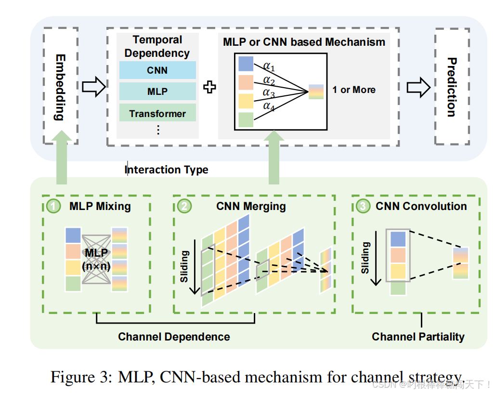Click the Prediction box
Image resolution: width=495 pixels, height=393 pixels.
coord(452,87)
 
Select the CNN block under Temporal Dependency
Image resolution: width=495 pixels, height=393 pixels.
coord(157,70)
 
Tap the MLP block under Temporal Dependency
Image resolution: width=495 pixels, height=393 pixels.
coord(157,92)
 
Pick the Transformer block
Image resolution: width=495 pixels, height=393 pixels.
coord(157,114)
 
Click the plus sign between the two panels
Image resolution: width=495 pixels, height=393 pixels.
coord(209,87)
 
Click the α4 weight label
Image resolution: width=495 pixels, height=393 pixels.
coord(269,106)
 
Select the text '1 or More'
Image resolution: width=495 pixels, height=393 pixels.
coord(354,90)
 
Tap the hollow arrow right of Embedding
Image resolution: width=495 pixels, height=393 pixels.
coord(93,87)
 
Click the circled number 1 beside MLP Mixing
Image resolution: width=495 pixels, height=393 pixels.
coord(54,207)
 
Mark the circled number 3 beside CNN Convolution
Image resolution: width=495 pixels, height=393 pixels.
coord(363,207)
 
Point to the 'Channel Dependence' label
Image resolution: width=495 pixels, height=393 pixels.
coord(174,337)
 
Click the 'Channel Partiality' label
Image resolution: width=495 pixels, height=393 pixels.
coord(418,337)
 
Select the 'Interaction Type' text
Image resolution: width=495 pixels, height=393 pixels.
coord(167,170)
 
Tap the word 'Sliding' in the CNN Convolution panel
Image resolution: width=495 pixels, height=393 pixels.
coord(366,258)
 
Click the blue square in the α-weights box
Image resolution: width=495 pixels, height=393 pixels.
coord(246,64)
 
